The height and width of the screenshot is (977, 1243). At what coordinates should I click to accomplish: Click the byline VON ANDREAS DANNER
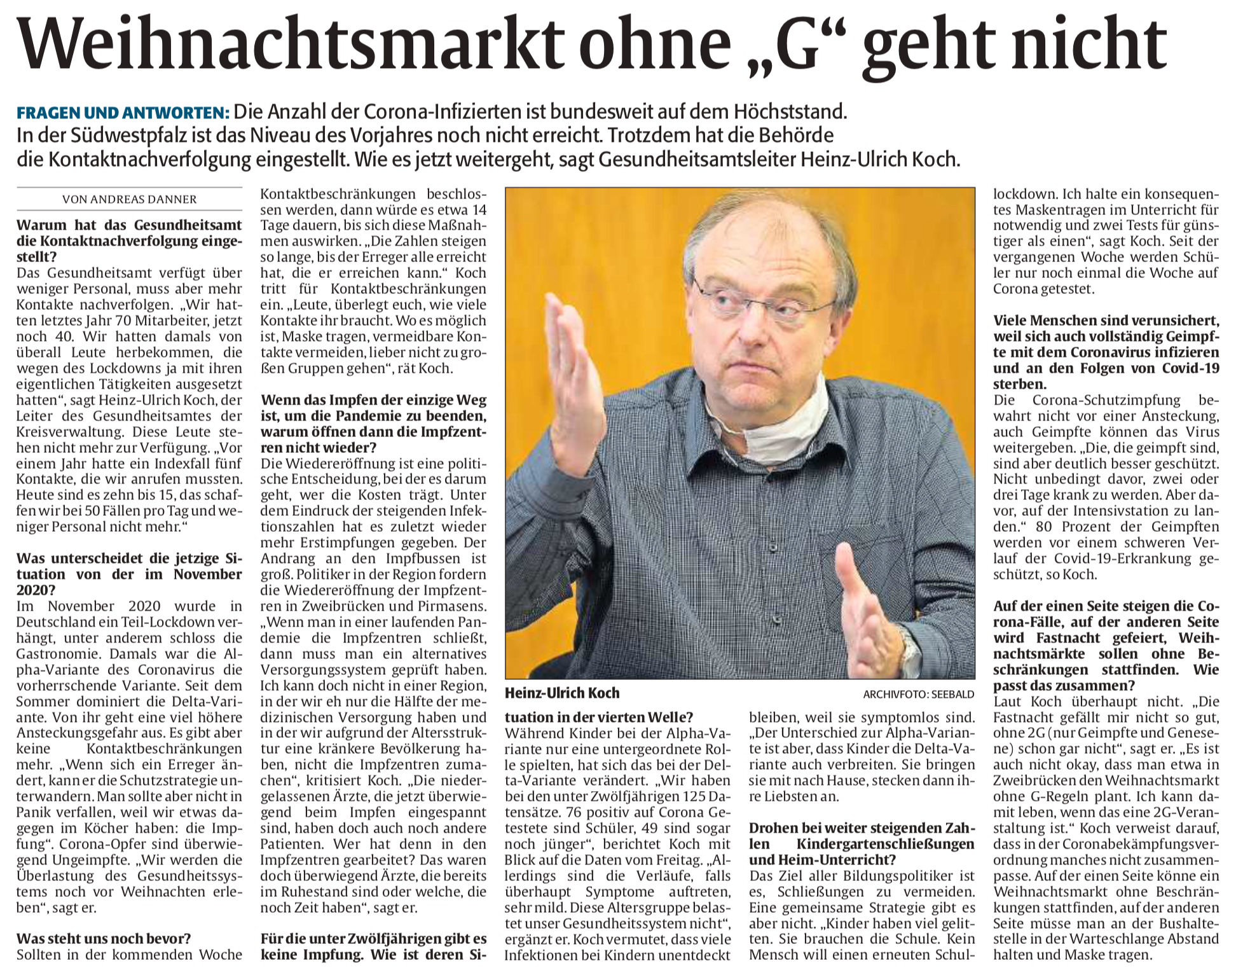(x=129, y=199)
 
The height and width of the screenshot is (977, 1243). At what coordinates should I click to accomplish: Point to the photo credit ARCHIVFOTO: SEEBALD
(x=918, y=694)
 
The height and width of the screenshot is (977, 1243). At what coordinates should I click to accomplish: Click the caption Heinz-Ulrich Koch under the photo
(x=562, y=693)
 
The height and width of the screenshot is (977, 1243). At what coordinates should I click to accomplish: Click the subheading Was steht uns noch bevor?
(x=104, y=938)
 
